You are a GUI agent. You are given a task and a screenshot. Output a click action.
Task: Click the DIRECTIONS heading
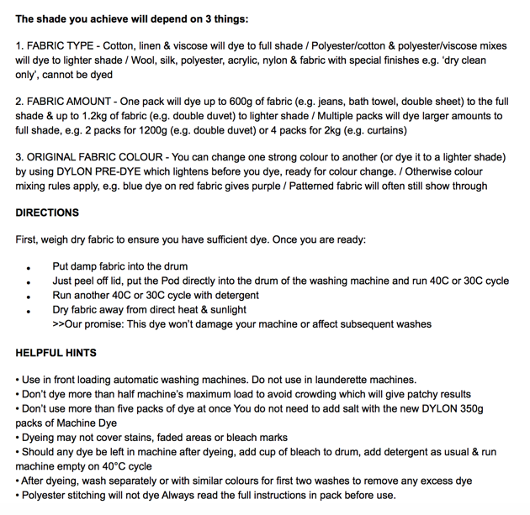[47, 213]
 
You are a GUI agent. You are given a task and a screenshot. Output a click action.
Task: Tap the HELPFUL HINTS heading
[56, 353]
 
